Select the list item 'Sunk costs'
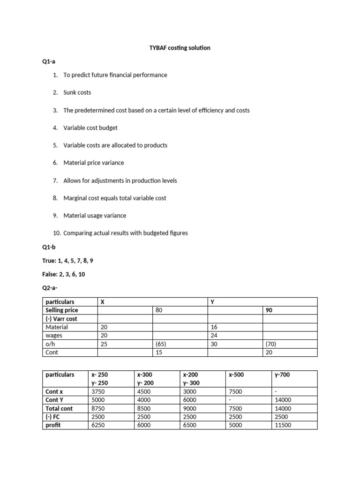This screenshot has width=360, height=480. coord(77,92)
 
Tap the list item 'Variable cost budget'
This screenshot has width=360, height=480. coord(90,127)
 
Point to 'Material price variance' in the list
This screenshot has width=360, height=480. coord(94,163)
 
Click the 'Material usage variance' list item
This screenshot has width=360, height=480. coord(95,216)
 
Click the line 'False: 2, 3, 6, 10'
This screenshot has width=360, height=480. coord(69,273)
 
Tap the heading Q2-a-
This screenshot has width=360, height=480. coord(51,287)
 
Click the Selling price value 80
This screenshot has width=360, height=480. coord(159,310)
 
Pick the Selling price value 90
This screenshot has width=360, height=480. coord(269,310)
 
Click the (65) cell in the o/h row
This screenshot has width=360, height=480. coord(161,344)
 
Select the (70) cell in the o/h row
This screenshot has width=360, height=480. coord(271,344)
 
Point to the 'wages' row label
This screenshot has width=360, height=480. coord(54,335)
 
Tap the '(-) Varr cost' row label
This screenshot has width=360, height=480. coord(61,319)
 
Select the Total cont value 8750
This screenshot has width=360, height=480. coord(98,408)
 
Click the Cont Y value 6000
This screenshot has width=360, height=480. coord(190,400)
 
